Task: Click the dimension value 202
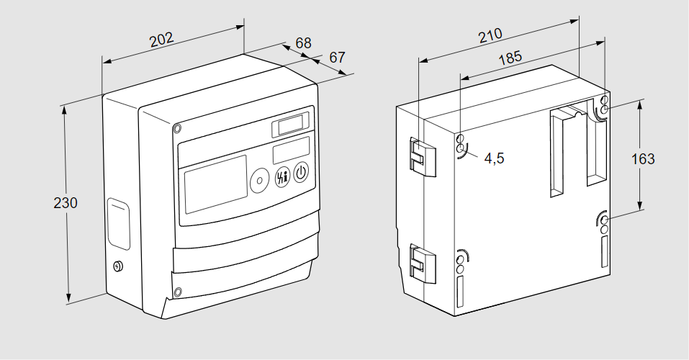click(x=162, y=39)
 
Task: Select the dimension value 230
click(x=66, y=203)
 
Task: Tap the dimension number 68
click(x=302, y=44)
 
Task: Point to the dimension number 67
click(x=338, y=57)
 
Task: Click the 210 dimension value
click(x=491, y=36)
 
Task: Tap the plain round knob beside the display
click(x=258, y=181)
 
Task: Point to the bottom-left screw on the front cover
click(x=177, y=292)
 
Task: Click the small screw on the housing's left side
click(x=118, y=266)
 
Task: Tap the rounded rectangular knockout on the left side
click(x=118, y=225)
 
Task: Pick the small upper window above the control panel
click(x=290, y=126)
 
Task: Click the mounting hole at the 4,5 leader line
click(x=461, y=148)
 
